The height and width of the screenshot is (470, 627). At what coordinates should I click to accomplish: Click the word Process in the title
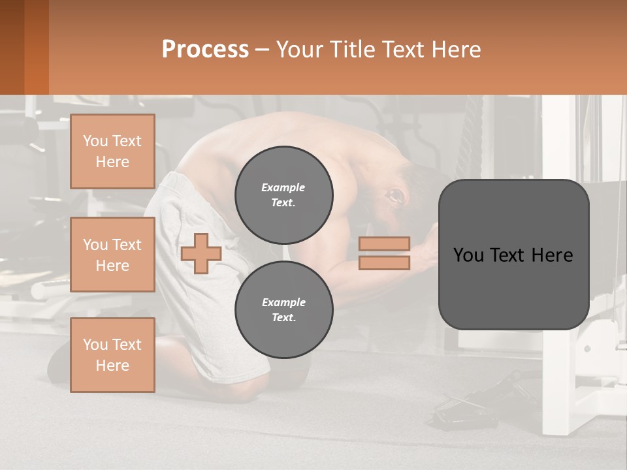[205, 50]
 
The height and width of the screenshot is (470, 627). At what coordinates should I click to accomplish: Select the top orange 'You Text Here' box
[112, 151]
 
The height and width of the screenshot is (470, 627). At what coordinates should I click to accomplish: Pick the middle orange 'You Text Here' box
[112, 255]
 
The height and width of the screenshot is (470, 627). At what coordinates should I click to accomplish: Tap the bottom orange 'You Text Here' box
[112, 355]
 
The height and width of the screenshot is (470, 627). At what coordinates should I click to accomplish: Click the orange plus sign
[201, 253]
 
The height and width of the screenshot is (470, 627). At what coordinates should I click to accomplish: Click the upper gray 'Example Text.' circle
[283, 195]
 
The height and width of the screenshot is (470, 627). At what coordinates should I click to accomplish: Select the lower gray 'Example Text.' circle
[283, 309]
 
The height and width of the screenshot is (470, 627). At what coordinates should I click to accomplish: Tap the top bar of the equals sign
[384, 243]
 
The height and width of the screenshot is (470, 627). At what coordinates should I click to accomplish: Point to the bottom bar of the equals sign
[384, 262]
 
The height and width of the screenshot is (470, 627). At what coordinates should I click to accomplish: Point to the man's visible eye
[394, 195]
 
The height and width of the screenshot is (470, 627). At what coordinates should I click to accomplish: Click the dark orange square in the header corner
[24, 47]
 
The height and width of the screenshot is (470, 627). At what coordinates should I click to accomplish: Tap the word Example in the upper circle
[283, 187]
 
